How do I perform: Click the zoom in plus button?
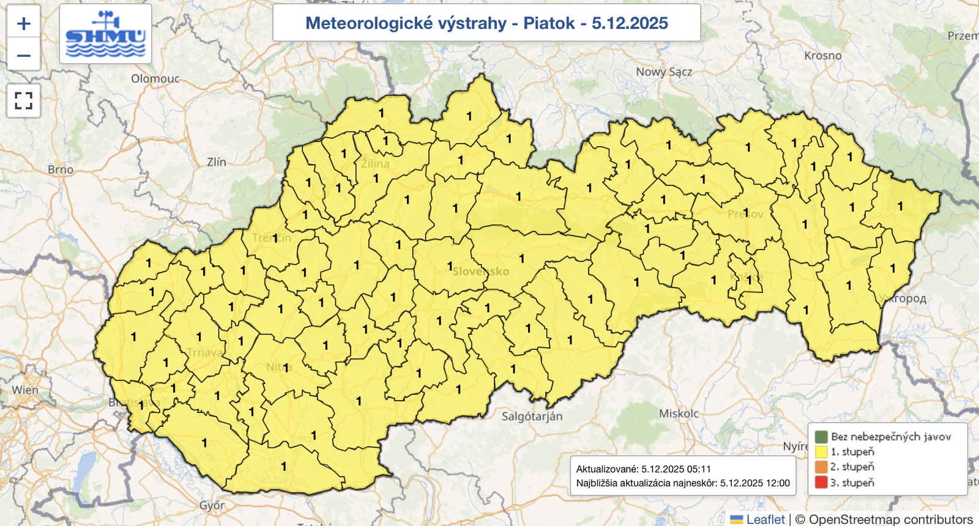click(23, 24)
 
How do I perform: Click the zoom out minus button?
click(23, 56)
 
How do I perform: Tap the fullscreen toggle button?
click(23, 101)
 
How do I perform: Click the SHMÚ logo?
click(105, 34)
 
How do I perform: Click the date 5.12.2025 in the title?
click(630, 23)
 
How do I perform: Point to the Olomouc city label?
click(155, 79)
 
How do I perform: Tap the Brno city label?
click(61, 169)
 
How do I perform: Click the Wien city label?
click(25, 390)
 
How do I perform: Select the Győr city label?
click(212, 506)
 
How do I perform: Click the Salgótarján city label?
click(532, 417)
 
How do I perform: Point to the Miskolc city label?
click(679, 413)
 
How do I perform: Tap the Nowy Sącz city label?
click(664, 72)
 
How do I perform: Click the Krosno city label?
click(822, 56)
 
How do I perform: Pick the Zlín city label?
click(217, 162)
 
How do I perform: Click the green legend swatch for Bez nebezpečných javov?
click(821, 437)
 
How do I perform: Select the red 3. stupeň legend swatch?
click(821, 483)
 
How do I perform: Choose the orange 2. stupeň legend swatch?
click(821, 467)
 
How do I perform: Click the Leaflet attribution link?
click(765, 519)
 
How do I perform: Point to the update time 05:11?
click(699, 469)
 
